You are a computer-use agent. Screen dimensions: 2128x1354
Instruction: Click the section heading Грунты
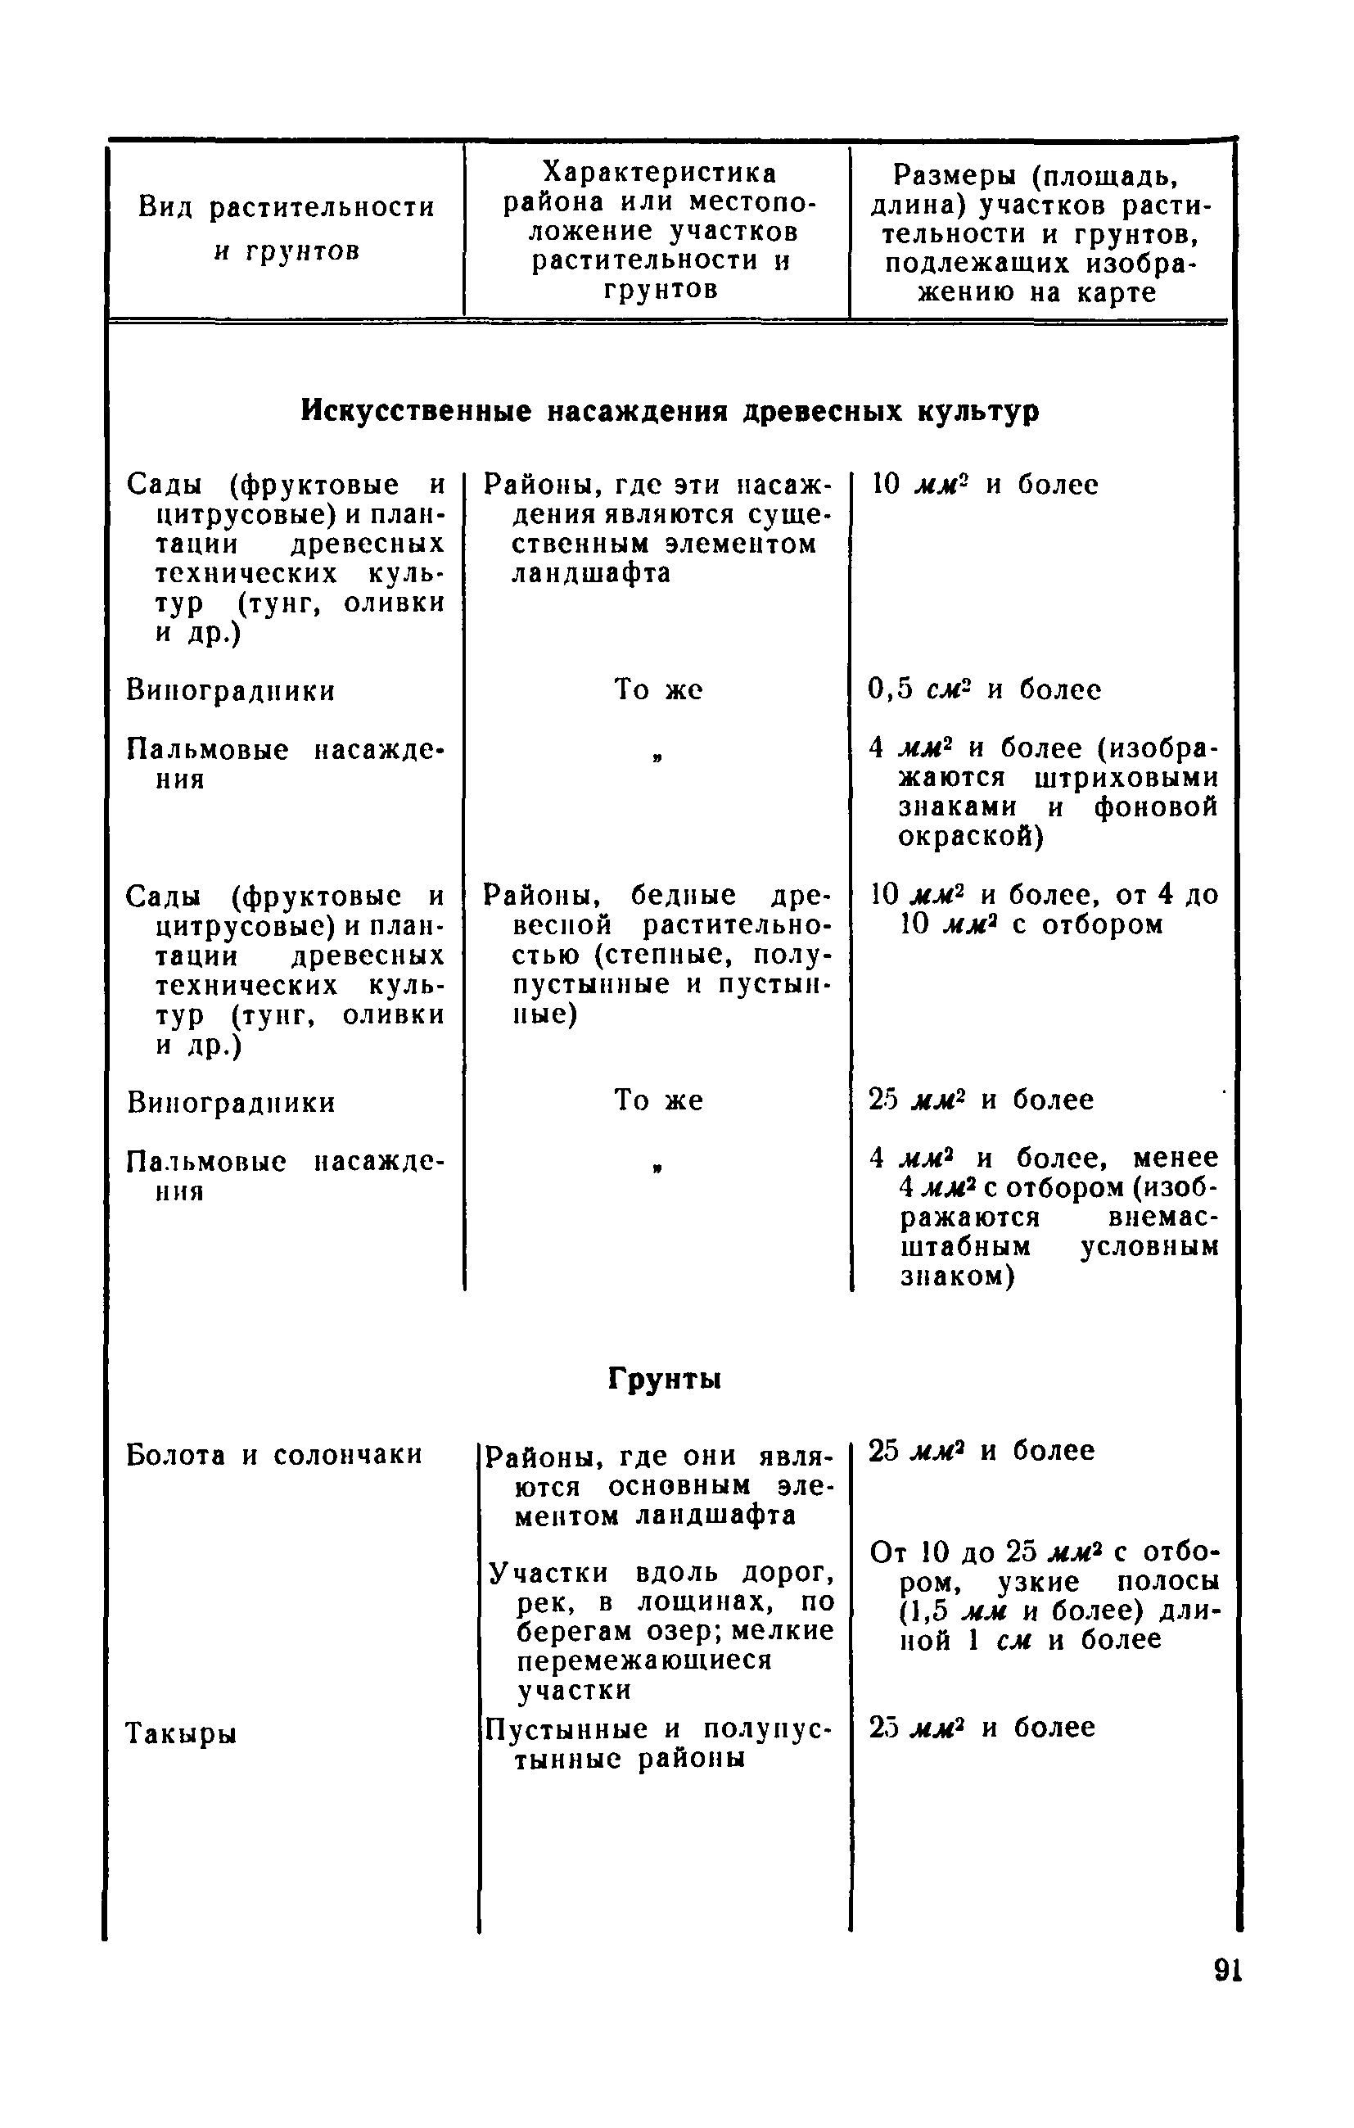pos(665,1379)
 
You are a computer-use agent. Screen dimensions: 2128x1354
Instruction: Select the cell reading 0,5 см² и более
pos(985,689)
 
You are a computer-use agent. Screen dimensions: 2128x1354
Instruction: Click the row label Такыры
pos(181,1734)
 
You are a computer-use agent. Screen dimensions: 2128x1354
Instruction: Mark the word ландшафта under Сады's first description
pos(591,573)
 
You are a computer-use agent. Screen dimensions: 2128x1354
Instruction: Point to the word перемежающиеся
pos(644,1660)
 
